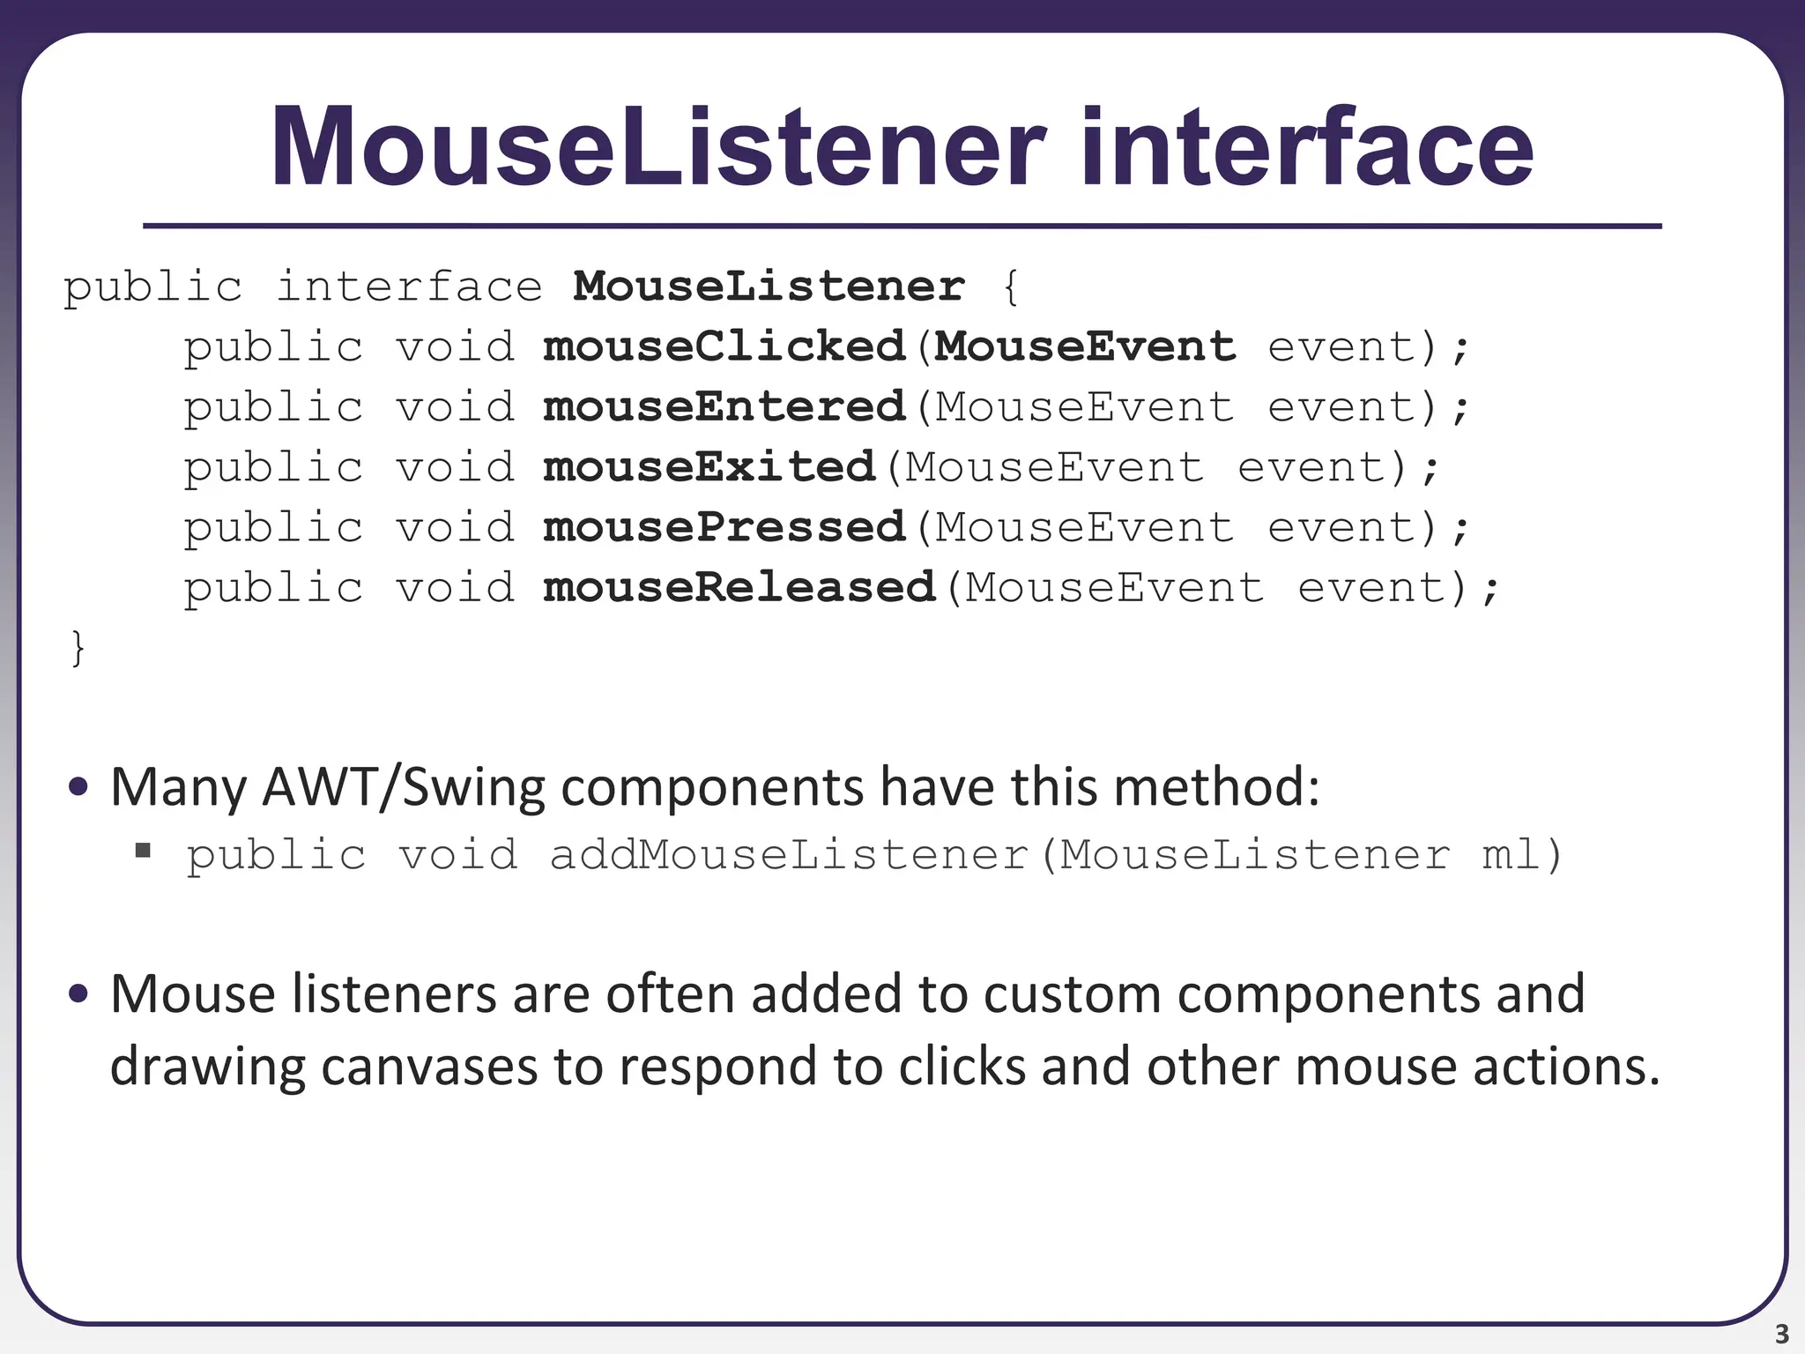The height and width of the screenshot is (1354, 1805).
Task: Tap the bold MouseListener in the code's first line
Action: pyautogui.click(x=769, y=287)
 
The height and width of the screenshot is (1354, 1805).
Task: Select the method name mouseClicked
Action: pyautogui.click(x=724, y=347)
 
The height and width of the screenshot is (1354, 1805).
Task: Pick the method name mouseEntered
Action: pyautogui.click(x=724, y=407)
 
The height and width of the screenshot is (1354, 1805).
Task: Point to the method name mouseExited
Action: pyautogui.click(x=709, y=467)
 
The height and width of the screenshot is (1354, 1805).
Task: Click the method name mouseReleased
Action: pyautogui.click(x=739, y=588)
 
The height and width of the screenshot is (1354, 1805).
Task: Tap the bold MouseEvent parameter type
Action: pyautogui.click(x=1085, y=347)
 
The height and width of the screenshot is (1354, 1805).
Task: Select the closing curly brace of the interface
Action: pyautogui.click(x=78, y=649)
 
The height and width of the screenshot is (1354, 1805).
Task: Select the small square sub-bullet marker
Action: pyautogui.click(x=143, y=851)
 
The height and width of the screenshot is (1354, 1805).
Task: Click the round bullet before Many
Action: pyautogui.click(x=78, y=786)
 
